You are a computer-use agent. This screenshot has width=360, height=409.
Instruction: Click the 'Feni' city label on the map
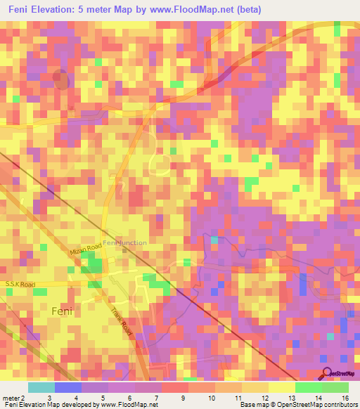tap(62, 311)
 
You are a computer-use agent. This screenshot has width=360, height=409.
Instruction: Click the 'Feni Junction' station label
tap(125, 243)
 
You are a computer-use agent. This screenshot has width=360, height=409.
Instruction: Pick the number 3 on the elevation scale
tap(68, 398)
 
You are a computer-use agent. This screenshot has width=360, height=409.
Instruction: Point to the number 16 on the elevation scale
tap(345, 398)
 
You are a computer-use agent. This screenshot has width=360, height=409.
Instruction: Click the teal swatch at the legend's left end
tap(41, 387)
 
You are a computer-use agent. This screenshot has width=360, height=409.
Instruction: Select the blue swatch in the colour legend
tap(68, 387)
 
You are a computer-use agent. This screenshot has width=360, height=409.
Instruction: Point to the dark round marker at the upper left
tap(61, 80)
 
